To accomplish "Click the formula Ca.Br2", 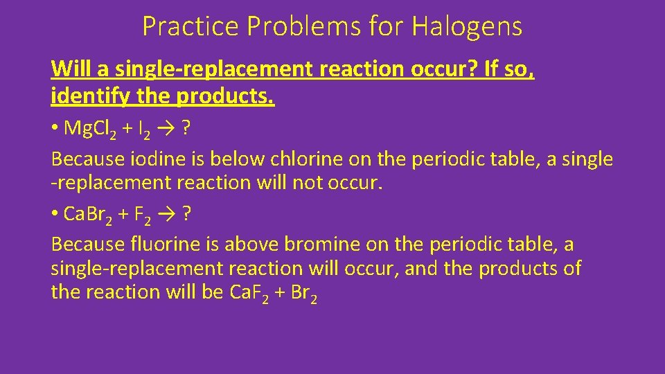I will tap(87, 215).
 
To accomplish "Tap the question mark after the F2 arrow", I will tap(187, 215).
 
